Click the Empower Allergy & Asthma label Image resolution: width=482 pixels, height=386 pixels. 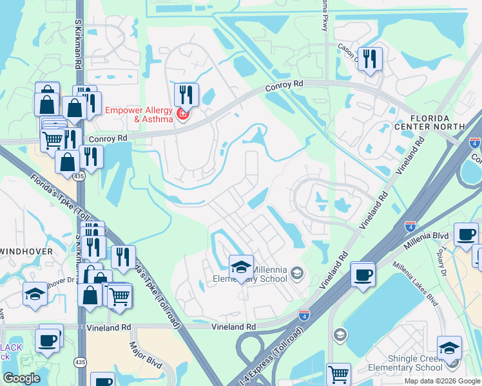[x=139, y=114]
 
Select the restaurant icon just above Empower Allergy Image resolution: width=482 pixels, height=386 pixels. [x=186, y=95]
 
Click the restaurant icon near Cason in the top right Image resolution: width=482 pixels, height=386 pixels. [x=370, y=59]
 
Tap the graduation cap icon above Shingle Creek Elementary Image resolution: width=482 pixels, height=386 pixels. [x=449, y=348]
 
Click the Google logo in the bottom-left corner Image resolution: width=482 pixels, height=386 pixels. [x=21, y=378]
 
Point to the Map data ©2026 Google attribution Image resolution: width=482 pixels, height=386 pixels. [x=442, y=381]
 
